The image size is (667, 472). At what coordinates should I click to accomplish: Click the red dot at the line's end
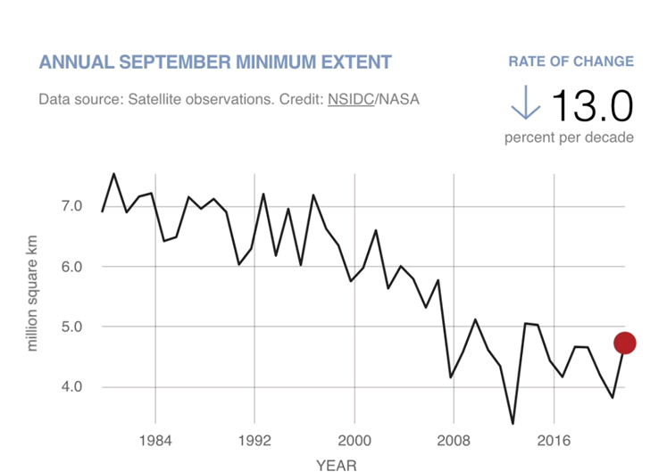[624, 343]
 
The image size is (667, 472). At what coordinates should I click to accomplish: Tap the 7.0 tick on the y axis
[71, 206]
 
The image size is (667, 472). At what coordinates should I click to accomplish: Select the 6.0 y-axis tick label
[71, 266]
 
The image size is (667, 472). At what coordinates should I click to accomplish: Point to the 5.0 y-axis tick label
[71, 327]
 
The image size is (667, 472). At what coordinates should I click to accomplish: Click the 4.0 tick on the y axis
[71, 386]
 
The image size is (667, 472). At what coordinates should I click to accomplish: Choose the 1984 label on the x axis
[155, 441]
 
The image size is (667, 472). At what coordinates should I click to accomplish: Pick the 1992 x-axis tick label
[254, 441]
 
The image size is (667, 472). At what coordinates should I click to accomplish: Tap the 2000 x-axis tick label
[354, 441]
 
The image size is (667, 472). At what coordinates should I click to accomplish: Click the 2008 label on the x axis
[454, 441]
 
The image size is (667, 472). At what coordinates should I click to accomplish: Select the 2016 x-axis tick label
[554, 441]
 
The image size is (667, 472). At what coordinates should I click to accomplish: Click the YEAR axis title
[336, 465]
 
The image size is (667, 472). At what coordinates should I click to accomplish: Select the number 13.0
[592, 106]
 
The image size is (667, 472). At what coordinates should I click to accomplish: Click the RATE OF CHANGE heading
[571, 62]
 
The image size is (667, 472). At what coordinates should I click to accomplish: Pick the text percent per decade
[569, 137]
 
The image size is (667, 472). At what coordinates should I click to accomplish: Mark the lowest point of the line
[513, 424]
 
